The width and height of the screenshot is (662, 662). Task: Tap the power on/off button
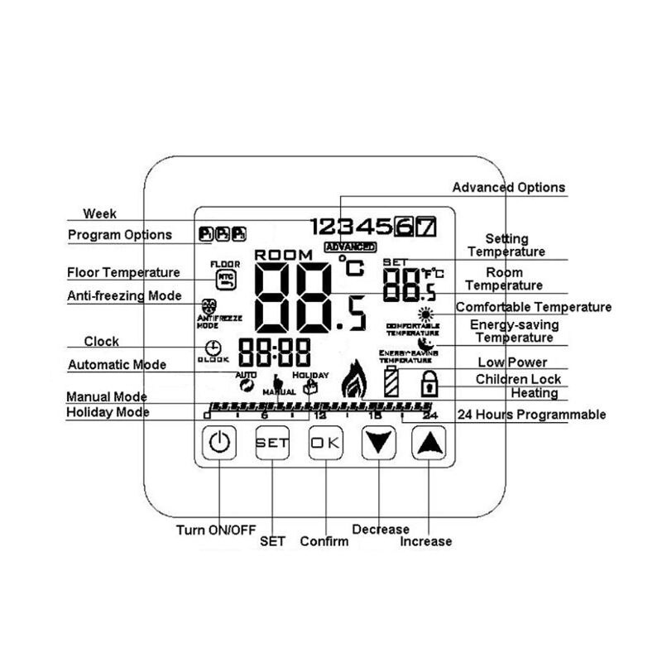[x=218, y=443]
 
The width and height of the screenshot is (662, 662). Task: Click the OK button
[x=325, y=443]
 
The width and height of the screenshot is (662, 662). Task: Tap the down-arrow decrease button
[x=378, y=443]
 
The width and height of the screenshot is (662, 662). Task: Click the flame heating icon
[x=354, y=379]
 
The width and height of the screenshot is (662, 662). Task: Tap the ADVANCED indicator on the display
[x=350, y=247]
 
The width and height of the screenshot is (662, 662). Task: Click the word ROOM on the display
[x=284, y=255]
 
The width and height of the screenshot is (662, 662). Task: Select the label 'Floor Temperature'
[x=123, y=272]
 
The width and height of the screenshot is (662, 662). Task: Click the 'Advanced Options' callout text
[x=508, y=188]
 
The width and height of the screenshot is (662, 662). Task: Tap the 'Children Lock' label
[x=518, y=379]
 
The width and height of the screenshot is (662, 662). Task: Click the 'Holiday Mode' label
[x=108, y=412]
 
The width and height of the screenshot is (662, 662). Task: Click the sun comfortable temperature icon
[x=425, y=314]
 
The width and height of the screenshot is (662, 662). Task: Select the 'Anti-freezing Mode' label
[x=124, y=295]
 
